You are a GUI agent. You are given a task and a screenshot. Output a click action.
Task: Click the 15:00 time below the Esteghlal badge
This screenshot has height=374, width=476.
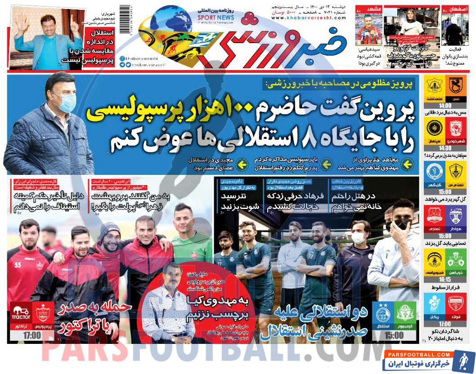click(x=394, y=335)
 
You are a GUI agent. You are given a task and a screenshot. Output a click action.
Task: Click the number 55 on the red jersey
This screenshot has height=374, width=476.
click(x=18, y=265)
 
